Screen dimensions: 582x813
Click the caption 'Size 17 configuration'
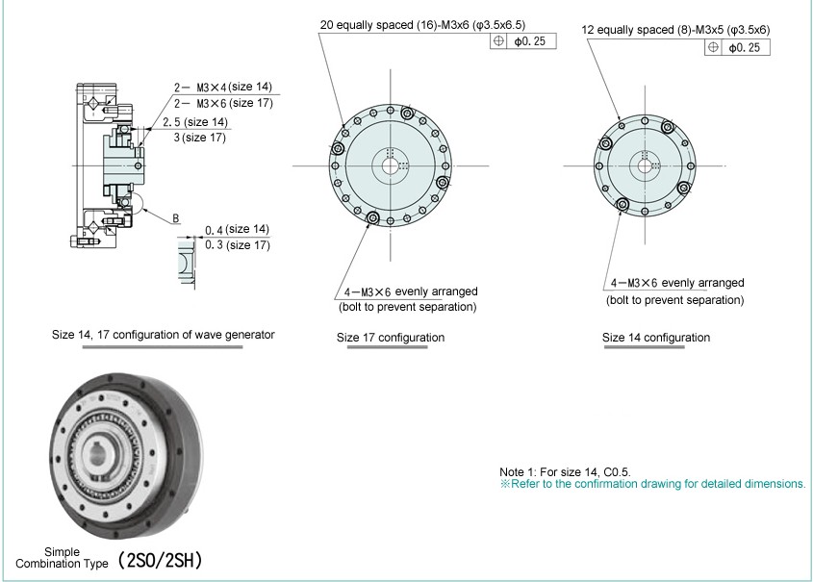[x=390, y=338]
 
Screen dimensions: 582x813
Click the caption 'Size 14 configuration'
[x=656, y=338]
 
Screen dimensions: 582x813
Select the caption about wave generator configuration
[x=163, y=335]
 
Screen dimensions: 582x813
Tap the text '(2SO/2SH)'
[x=161, y=561]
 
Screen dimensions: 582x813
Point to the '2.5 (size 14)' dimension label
[x=195, y=122]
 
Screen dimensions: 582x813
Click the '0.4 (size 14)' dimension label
[x=237, y=230]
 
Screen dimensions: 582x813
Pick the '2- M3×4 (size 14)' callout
[x=223, y=87]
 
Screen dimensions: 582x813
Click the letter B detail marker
[x=176, y=219]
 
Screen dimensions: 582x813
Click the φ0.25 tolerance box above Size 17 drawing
[x=522, y=41]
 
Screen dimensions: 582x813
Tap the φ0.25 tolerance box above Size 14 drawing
[x=738, y=47]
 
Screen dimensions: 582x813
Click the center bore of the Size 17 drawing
[x=391, y=164]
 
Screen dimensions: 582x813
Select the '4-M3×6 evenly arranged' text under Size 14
[x=676, y=283]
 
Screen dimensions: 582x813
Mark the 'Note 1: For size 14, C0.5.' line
[x=565, y=471]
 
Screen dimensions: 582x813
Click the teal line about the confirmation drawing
[x=652, y=484]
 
